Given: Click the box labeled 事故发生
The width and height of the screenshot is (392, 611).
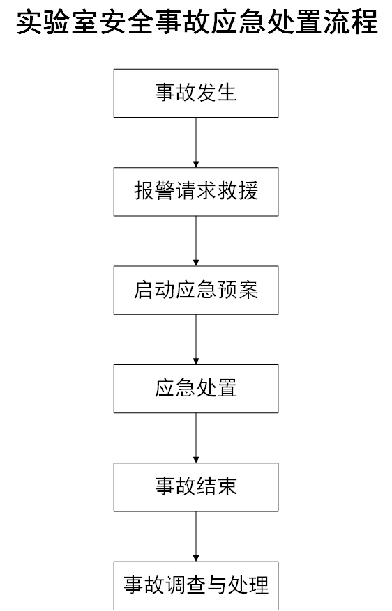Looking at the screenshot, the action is pos(196,93).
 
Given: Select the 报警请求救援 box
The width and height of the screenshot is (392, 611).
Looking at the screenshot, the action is pos(196,192).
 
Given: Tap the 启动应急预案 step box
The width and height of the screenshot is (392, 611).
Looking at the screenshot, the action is pos(196,291).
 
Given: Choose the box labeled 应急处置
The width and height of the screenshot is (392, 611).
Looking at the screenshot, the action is pos(196,389).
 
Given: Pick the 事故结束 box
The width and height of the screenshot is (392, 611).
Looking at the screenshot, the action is pos(196,488).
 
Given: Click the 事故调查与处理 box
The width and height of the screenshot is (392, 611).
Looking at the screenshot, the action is pos(196,586).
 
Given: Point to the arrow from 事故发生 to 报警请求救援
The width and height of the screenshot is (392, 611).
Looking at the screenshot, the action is pos(196,143).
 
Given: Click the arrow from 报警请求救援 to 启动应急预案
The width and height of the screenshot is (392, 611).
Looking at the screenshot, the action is pos(196,241).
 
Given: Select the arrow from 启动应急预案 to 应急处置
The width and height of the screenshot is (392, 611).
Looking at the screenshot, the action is pos(196,340).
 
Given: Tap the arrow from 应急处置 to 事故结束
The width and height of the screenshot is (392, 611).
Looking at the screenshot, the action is pos(196,438).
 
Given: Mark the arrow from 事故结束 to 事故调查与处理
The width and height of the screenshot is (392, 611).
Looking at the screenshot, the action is pos(196,537).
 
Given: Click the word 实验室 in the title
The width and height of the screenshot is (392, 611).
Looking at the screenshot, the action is pos(56,22).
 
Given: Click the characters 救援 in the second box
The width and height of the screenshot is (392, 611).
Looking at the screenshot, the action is pos(238,192).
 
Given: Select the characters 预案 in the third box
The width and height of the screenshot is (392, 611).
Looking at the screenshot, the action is pos(238,290).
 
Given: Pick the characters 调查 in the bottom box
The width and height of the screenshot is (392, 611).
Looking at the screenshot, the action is pos(186,585).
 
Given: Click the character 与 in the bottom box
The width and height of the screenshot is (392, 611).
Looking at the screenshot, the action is pos(217,585).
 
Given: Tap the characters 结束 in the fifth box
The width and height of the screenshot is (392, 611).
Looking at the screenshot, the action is pos(217,487).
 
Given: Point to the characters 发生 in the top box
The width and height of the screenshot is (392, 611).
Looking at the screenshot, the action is pos(217,93).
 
